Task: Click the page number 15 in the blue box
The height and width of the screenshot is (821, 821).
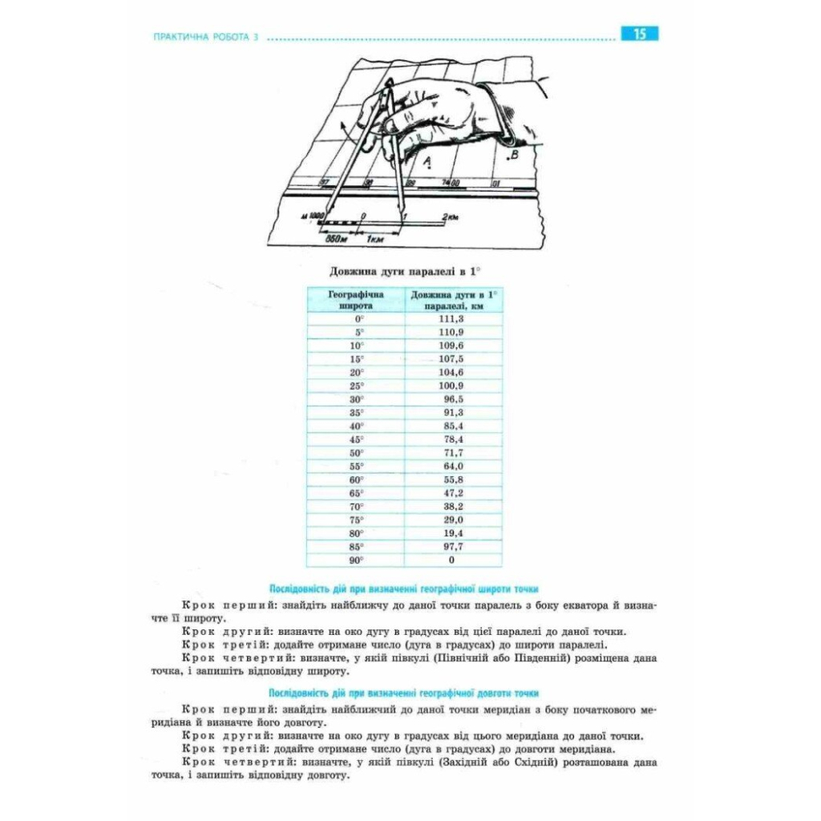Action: coord(639,34)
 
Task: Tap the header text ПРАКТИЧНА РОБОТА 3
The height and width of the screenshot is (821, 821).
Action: coord(203,38)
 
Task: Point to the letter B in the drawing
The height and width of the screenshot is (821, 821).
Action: coord(515,154)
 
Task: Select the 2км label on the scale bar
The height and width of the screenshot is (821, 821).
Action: coord(451,216)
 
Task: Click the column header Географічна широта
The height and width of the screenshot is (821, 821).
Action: coord(356,300)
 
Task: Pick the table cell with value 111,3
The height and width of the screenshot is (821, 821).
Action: coord(453,318)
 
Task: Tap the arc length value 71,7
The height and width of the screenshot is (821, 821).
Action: coord(453,453)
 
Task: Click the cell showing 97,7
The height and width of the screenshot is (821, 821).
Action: coord(453,547)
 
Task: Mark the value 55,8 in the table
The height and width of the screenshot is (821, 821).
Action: coord(453,479)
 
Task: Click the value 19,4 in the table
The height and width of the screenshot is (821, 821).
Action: coord(453,533)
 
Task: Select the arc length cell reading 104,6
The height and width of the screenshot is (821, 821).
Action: coord(453,372)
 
